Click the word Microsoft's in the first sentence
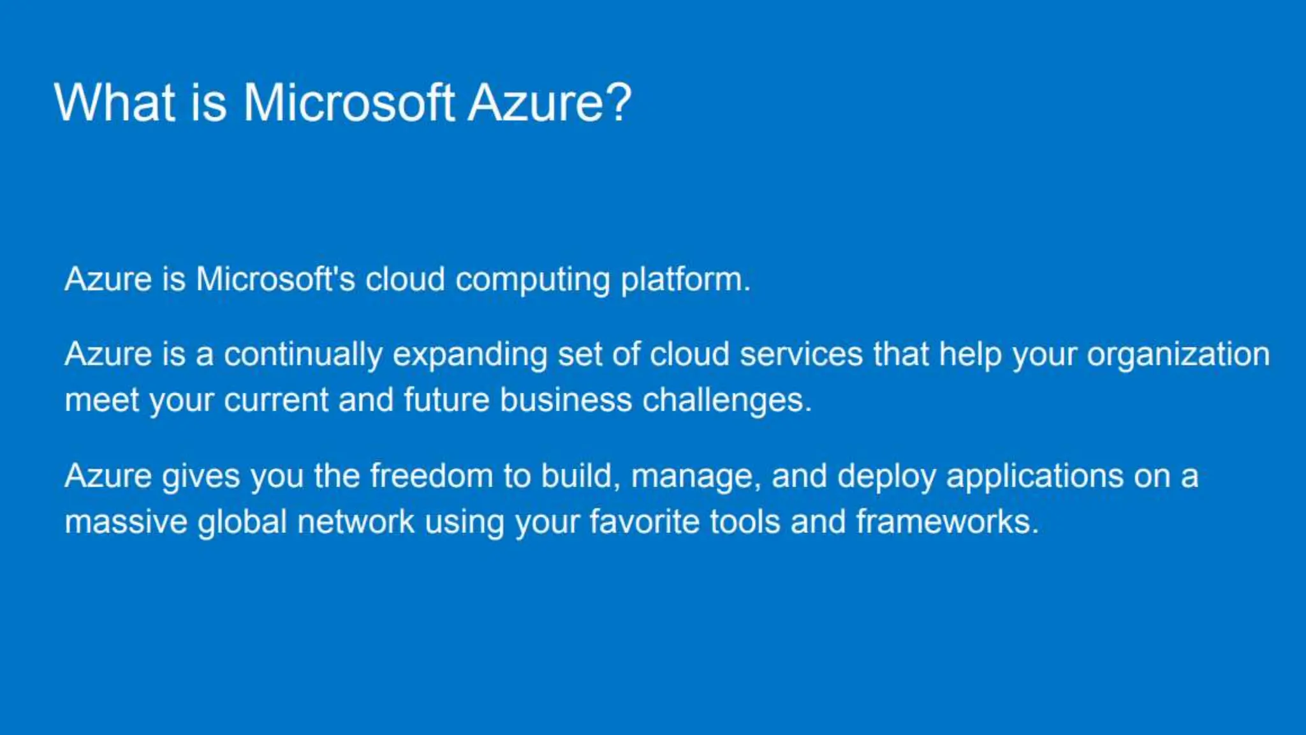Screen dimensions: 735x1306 pyautogui.click(x=275, y=279)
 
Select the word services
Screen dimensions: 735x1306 pyautogui.click(x=801, y=355)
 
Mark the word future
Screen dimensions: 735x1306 pyautogui.click(x=446, y=401)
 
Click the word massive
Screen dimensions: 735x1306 pyautogui.click(x=126, y=523)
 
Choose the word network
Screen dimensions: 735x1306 pyautogui.click(x=356, y=523)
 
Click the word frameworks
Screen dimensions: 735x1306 pyautogui.click(x=947, y=523)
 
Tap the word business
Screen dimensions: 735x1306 pyautogui.click(x=565, y=401)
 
